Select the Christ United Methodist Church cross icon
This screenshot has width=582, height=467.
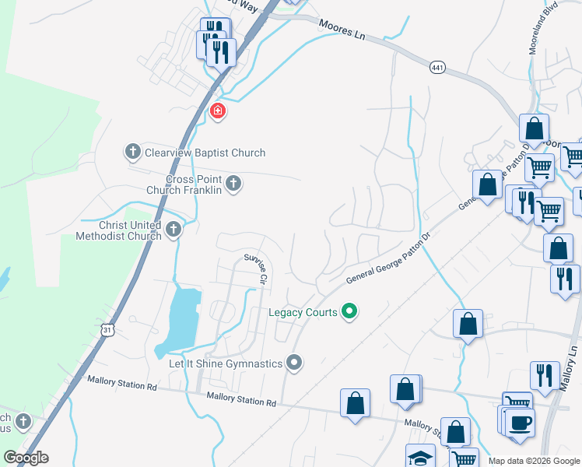[x=174, y=230]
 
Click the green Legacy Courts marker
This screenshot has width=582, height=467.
[x=349, y=312]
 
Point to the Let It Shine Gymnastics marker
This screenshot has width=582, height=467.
[x=293, y=363]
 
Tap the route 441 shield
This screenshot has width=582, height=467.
[x=437, y=68]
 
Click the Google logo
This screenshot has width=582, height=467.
[x=26, y=458]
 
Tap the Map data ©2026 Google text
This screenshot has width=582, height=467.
[x=534, y=461]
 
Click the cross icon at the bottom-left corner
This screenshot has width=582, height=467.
[x=23, y=421]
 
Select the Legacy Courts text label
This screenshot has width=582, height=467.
[x=303, y=312]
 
